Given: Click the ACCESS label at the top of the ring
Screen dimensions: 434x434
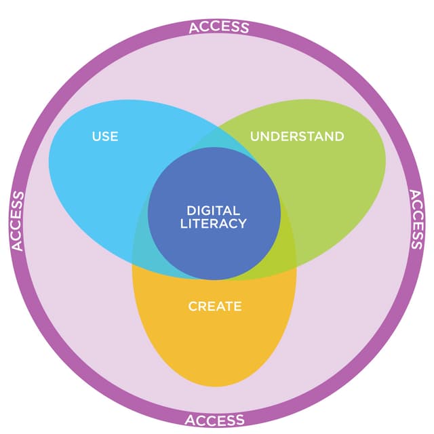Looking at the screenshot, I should coord(218,28).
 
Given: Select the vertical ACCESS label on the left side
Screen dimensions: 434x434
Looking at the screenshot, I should coord(18,221).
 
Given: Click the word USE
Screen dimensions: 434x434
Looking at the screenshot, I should coord(105,136).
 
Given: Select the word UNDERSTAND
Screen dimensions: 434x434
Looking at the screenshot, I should coord(297,136).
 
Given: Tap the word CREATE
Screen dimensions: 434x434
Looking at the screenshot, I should coord(214,307).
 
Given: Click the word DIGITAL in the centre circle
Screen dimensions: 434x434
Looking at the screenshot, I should coord(214,210).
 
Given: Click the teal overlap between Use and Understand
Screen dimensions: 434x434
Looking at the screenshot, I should coord(216,140).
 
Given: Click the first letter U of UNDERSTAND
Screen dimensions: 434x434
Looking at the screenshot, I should coord(254,136).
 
